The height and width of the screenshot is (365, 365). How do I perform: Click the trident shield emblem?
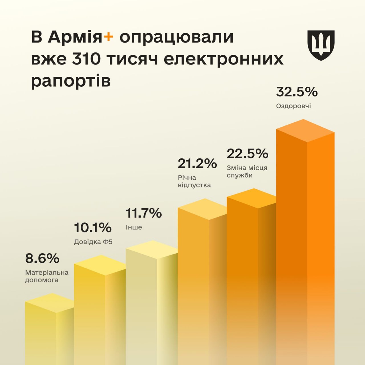point(321,45)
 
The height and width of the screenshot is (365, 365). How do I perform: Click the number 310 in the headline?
point(86,59)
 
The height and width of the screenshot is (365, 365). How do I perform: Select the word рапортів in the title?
point(70,81)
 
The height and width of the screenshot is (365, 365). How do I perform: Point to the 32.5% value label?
point(297,92)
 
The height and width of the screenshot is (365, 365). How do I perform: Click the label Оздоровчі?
point(293,106)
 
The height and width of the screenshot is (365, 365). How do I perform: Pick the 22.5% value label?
point(247,154)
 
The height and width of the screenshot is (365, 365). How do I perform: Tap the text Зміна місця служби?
point(247,171)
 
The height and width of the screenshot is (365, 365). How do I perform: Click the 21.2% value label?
point(197,163)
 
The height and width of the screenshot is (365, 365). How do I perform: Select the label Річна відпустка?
point(194,181)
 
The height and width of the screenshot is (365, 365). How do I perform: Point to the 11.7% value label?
point(144,213)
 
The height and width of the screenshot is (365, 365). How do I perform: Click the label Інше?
point(134,227)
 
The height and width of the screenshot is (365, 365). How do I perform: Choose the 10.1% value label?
point(93,228)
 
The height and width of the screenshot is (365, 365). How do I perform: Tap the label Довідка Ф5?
point(93,242)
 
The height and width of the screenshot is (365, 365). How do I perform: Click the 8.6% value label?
point(42,258)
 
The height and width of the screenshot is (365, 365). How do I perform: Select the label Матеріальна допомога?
point(47,276)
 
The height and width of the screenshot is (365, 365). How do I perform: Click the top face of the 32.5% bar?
point(305,130)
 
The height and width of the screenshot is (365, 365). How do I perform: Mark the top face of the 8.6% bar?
point(50,303)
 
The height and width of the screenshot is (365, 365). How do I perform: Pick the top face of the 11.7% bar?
point(151,250)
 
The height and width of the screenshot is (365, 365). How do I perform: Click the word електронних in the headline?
point(224,59)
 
